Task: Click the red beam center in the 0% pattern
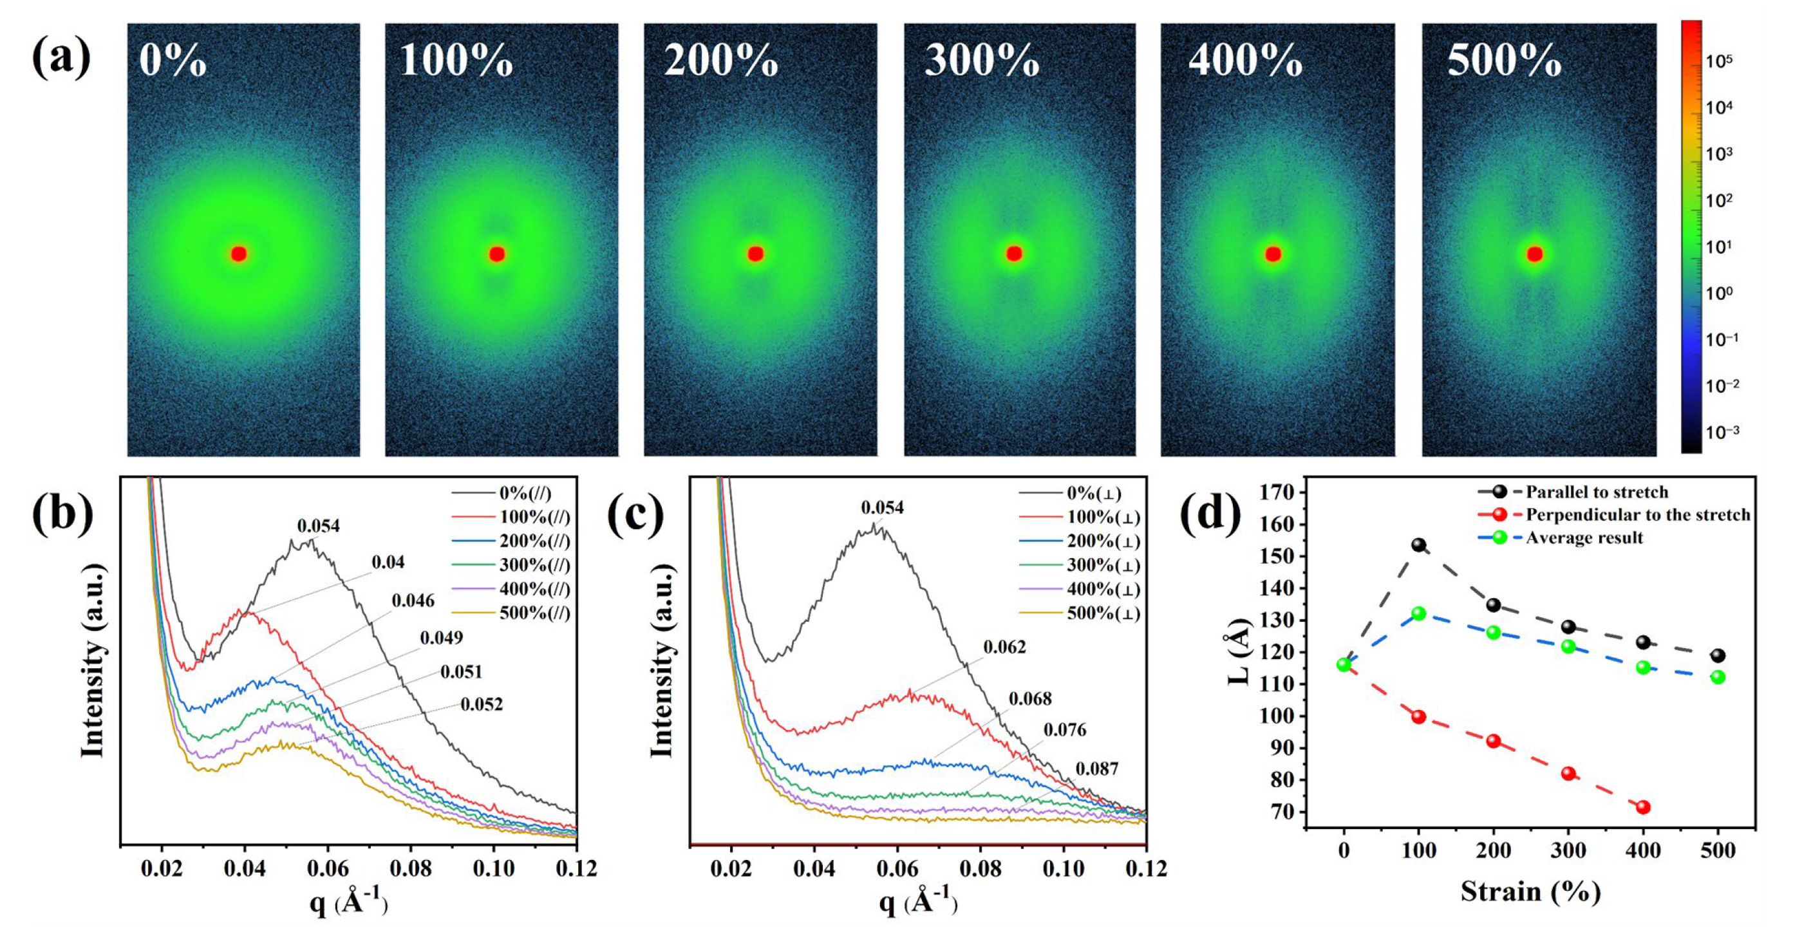click(239, 253)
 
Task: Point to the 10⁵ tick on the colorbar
click(1719, 61)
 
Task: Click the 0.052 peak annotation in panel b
click(482, 704)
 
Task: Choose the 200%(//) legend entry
click(534, 541)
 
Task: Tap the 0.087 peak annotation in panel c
click(1097, 769)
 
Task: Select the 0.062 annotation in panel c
click(1004, 647)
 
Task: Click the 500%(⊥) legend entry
click(1103, 613)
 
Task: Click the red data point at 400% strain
click(1643, 807)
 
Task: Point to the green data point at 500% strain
click(1718, 677)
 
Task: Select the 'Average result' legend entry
click(1584, 538)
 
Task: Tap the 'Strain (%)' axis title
click(1530, 892)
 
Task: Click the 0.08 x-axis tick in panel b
click(411, 869)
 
